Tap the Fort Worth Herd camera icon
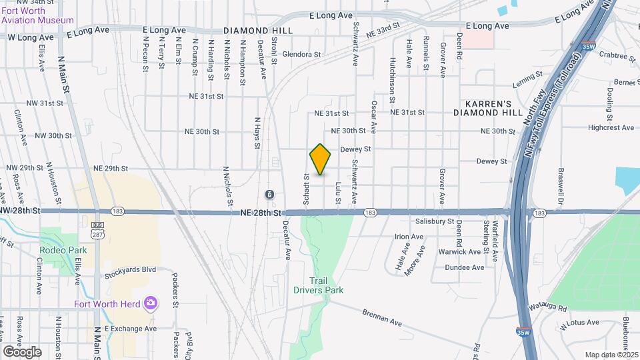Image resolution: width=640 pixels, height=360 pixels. click(151, 303)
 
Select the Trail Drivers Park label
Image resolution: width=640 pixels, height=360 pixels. click(318, 285)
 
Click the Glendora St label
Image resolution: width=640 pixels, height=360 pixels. click(302, 54)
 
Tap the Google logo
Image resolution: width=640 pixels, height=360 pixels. click(22, 351)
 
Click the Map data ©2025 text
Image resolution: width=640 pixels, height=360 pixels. click(611, 355)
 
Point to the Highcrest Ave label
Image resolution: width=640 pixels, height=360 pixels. click(611, 127)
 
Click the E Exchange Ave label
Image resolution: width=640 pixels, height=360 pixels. click(130, 329)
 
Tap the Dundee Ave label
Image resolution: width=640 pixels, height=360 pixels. click(465, 267)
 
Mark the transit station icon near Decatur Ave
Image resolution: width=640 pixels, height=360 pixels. click(269, 194)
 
